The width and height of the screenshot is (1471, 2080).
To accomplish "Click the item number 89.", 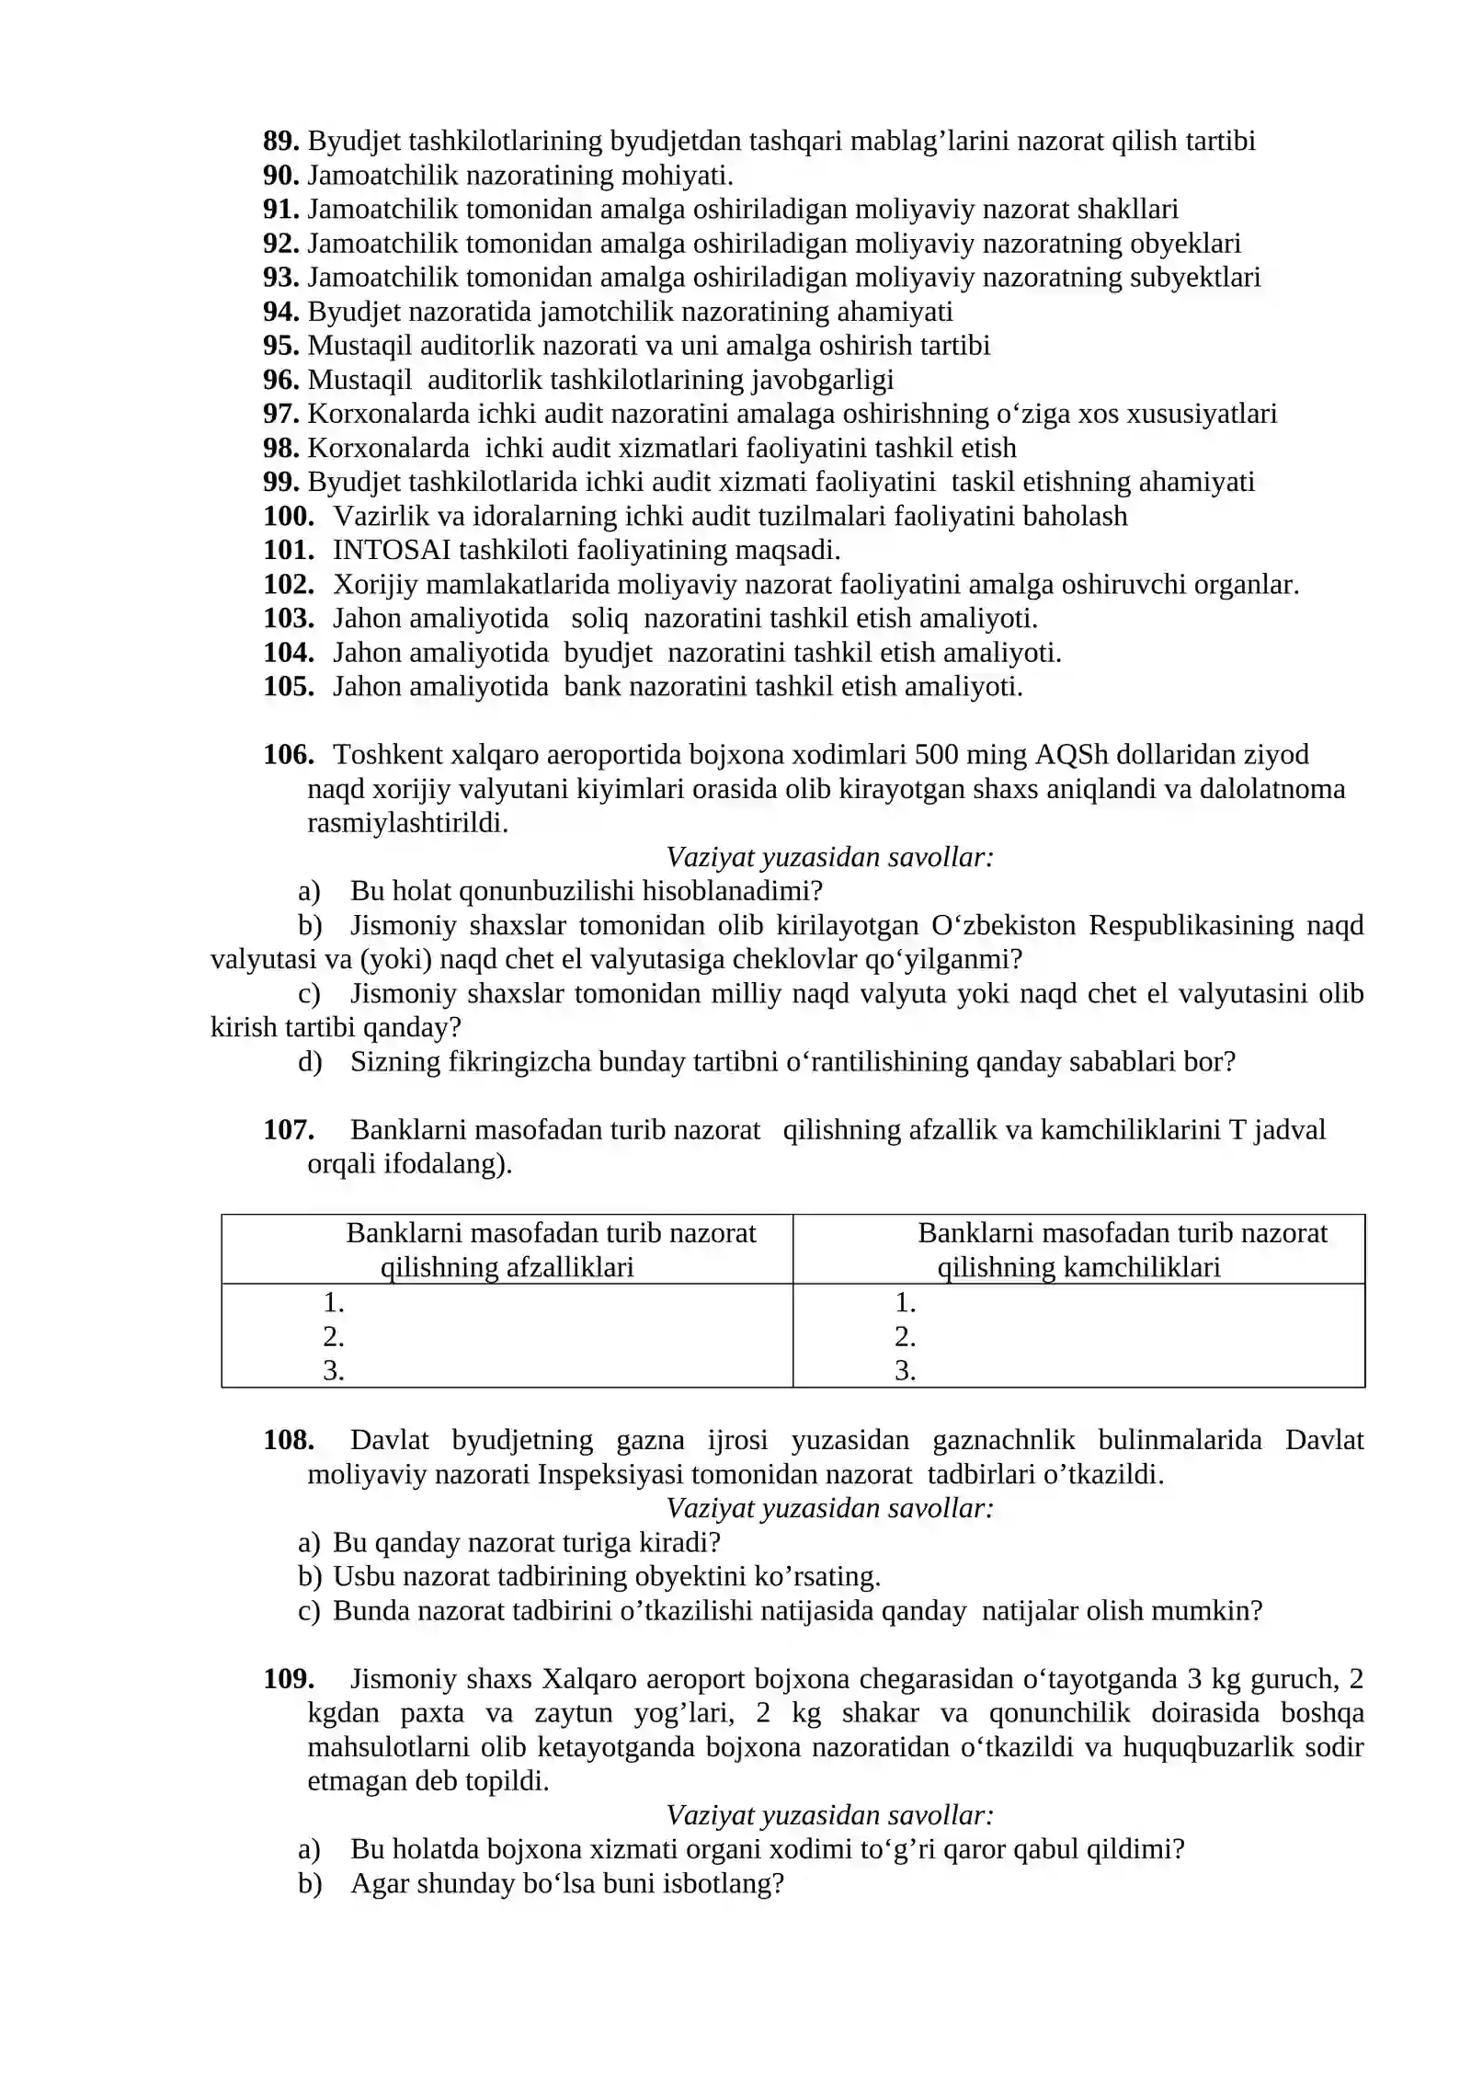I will coord(280,141).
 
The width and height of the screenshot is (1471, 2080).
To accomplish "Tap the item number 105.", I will coord(289,686).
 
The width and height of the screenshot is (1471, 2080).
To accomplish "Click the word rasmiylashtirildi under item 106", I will coord(406,823).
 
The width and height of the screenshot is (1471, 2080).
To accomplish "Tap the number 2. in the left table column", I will coord(333,1336).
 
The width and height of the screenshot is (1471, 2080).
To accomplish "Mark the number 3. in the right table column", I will coord(905,1370).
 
